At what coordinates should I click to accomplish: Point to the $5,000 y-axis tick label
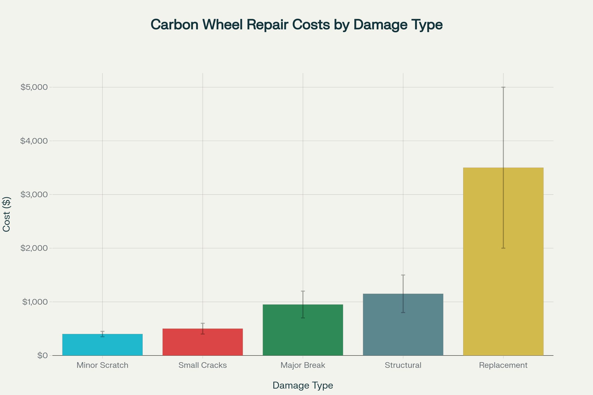34,87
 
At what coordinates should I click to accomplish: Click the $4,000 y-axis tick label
34,141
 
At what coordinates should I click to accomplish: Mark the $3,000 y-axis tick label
34,195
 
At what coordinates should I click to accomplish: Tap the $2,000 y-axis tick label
34,248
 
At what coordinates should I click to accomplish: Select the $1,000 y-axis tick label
35,302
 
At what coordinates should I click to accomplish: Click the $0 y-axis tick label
42,355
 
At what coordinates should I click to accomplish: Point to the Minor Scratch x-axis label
102,365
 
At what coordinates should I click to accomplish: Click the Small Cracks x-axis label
202,365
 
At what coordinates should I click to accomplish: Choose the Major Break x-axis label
303,365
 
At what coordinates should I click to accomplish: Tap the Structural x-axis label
403,365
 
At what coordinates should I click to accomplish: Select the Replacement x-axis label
503,365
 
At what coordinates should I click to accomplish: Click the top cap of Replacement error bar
503,87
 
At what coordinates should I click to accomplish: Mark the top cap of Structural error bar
403,275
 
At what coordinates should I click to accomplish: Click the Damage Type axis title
303,385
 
